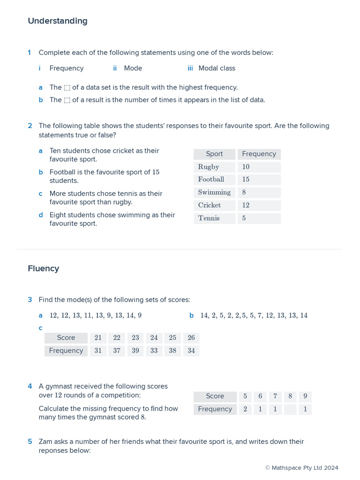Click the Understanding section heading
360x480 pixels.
click(x=58, y=21)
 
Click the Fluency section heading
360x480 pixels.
click(x=44, y=269)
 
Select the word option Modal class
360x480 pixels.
click(x=217, y=68)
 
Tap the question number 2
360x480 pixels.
click(x=30, y=126)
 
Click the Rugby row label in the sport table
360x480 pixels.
click(x=209, y=167)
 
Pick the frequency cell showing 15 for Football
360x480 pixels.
click(x=246, y=180)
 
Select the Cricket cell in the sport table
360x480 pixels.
click(x=209, y=205)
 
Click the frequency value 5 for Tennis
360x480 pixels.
click(x=244, y=218)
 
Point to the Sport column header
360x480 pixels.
click(x=214, y=154)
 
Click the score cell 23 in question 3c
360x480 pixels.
click(x=135, y=338)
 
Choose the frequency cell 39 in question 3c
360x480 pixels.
click(x=135, y=351)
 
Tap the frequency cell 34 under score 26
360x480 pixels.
click(x=191, y=351)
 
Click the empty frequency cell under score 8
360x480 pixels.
click(x=290, y=409)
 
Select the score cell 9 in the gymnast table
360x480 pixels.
click(x=305, y=397)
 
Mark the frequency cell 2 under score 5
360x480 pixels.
click(x=245, y=409)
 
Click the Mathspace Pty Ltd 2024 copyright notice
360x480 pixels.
click(x=301, y=468)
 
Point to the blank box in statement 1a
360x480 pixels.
click(x=67, y=88)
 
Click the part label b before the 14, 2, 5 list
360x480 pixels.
click(x=191, y=315)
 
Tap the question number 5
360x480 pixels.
click(x=30, y=442)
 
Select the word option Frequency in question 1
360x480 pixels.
click(x=66, y=68)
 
